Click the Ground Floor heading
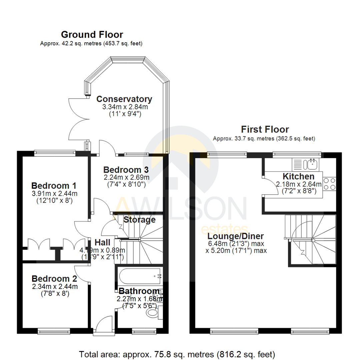(x=92, y=35)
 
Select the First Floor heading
(x=265, y=129)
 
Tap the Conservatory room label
(x=124, y=99)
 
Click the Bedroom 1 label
(x=54, y=185)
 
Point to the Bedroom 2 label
(x=54, y=279)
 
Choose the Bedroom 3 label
(x=126, y=169)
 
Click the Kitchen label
(x=298, y=176)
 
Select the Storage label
(x=139, y=220)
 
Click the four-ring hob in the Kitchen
(x=329, y=184)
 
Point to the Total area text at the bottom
(x=177, y=354)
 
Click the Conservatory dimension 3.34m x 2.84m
(x=125, y=107)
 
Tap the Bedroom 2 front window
(x=54, y=331)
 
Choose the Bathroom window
(x=144, y=331)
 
